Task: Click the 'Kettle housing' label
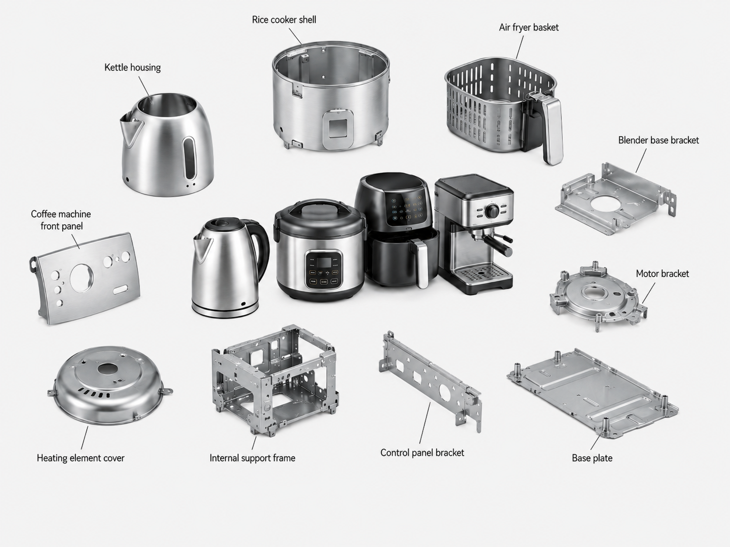pos(133,67)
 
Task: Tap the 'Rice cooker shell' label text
pos(284,20)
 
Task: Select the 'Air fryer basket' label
pos(528,27)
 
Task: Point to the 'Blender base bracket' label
pos(658,140)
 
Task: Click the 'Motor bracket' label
pos(662,273)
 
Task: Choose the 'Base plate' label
pos(592,458)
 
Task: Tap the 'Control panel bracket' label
pos(422,453)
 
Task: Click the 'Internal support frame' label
pos(252,458)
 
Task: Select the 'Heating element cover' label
pos(81,458)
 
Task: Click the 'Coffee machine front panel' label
pos(61,220)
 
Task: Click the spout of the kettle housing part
pos(131,129)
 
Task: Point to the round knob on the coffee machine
pos(492,211)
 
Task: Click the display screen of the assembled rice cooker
pos(324,262)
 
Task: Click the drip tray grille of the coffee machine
pos(481,273)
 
